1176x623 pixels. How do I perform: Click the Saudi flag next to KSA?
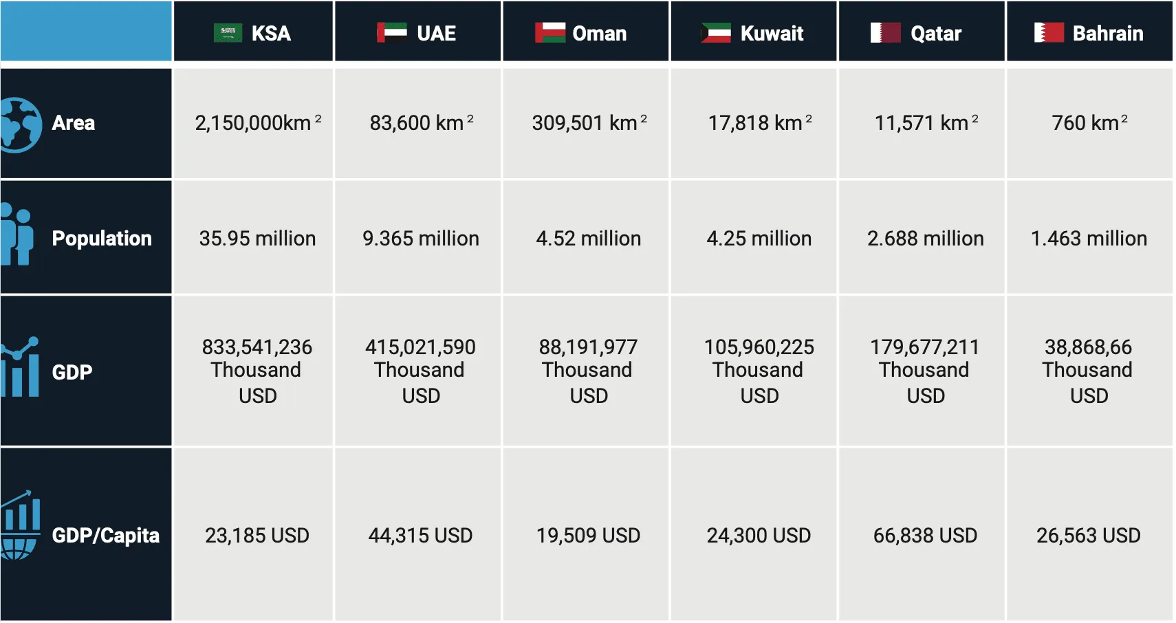(228, 33)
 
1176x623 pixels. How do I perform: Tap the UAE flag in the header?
(391, 33)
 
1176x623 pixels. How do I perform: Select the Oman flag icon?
(549, 33)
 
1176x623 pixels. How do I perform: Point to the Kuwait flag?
(716, 33)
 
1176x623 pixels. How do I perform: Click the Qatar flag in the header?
(885, 33)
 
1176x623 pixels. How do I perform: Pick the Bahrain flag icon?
(1049, 33)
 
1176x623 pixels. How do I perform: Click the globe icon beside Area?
(21, 124)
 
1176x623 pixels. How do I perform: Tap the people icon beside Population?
(17, 234)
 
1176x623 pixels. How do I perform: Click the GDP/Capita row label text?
(105, 535)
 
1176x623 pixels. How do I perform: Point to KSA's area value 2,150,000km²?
(257, 123)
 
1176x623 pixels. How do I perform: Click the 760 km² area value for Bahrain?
(1089, 123)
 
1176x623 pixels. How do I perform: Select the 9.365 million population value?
(421, 239)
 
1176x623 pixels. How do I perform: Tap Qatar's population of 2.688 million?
(925, 239)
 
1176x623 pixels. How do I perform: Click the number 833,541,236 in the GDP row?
(257, 347)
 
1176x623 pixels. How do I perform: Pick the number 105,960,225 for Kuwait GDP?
(759, 347)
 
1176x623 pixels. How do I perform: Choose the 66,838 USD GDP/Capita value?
(925, 535)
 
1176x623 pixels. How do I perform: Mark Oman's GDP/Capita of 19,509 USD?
(589, 535)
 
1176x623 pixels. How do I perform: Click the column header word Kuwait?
(772, 33)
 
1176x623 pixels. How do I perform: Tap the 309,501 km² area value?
(589, 123)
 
